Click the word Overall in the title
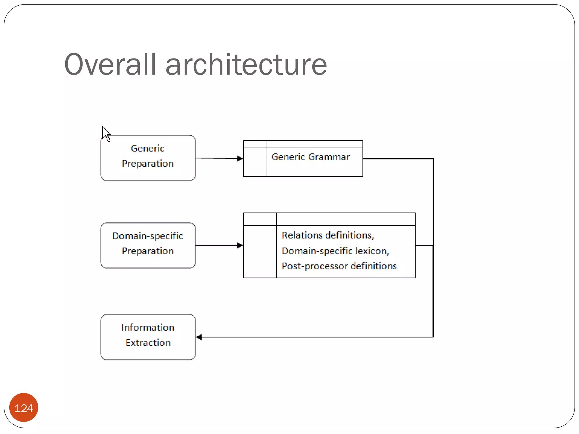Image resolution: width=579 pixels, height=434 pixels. tap(110, 65)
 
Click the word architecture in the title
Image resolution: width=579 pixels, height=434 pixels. tap(246, 65)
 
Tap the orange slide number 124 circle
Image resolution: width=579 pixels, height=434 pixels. tap(24, 408)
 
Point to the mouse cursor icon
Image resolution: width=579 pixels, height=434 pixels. tap(105, 133)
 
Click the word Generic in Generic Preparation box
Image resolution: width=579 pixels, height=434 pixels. tap(148, 149)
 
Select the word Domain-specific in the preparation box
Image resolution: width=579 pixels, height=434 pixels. tap(148, 236)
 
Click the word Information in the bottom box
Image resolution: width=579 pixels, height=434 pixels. tap(148, 327)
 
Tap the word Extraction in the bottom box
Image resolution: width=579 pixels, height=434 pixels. tap(148, 343)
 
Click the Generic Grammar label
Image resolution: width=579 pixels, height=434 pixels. tap(310, 157)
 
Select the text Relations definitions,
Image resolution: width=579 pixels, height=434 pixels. tap(328, 235)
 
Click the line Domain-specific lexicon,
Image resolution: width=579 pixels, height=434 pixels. tap(335, 251)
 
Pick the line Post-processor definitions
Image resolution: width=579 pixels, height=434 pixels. tap(339, 266)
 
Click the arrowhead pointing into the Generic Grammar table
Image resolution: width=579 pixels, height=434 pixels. tap(240, 159)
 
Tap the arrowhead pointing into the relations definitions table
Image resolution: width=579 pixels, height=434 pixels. tap(240, 245)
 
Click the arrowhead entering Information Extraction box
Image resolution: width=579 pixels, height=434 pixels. tap(199, 337)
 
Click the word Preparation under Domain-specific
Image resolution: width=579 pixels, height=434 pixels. tap(148, 251)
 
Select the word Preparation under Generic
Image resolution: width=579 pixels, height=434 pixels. tap(148, 164)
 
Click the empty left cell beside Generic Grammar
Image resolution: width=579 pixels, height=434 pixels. tap(255, 162)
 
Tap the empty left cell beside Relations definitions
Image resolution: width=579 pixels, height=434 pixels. tap(260, 251)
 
